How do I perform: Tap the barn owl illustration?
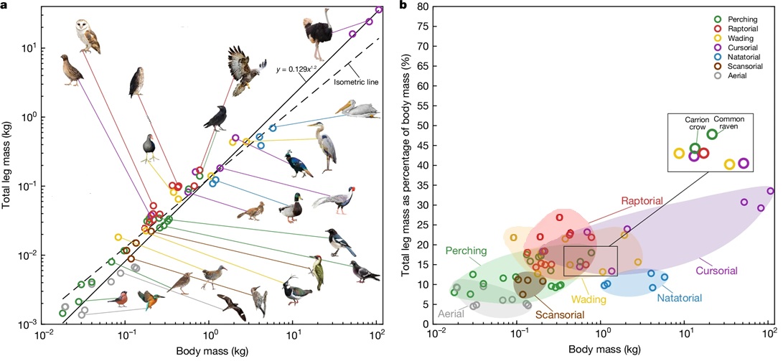point(88,37)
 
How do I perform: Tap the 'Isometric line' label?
point(357,82)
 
